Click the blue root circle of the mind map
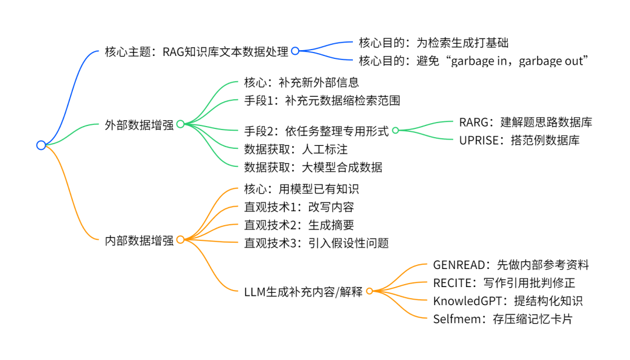(x=41, y=145)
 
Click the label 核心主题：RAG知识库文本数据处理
(x=197, y=51)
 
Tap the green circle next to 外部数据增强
(x=180, y=124)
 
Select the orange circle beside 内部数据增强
(x=180, y=239)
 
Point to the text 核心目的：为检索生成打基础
(x=437, y=43)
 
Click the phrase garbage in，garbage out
(x=520, y=61)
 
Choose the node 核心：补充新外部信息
(x=301, y=82)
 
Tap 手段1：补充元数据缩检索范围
(x=322, y=100)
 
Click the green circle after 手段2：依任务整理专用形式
(x=395, y=131)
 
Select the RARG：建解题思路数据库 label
(x=526, y=122)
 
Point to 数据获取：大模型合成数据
(x=313, y=167)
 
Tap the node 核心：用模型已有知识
(x=301, y=188)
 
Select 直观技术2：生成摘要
(x=299, y=225)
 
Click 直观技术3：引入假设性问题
(x=316, y=243)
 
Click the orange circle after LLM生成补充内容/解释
(x=369, y=291)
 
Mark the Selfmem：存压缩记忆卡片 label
(x=507, y=319)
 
